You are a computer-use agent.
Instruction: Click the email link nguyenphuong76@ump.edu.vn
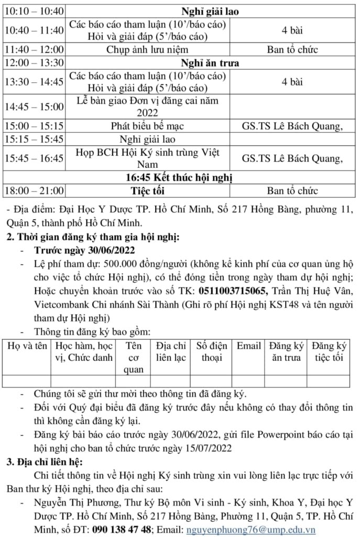(251, 529)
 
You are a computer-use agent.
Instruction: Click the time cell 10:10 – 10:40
(34, 11)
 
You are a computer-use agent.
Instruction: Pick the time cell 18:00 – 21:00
(34, 190)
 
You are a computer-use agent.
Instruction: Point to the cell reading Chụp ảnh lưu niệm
(148, 50)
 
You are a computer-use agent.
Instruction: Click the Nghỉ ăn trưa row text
(210, 63)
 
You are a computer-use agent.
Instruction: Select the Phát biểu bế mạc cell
(148, 126)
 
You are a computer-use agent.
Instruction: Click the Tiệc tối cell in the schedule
(148, 190)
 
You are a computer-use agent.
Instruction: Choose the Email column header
(248, 346)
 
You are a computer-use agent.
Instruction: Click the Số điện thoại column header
(212, 352)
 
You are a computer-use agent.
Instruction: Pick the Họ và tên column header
(27, 346)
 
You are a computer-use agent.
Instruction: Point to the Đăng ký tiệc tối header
(330, 352)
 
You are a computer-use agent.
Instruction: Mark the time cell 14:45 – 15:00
(34, 106)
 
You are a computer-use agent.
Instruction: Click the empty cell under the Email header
(248, 381)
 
